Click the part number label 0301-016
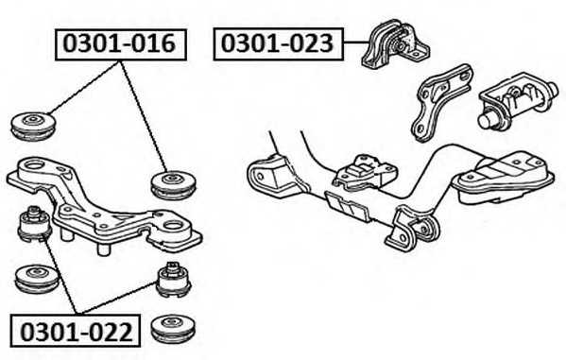(121, 44)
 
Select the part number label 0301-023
(279, 43)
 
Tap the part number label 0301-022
(76, 331)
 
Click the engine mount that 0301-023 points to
(395, 44)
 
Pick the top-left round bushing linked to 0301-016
(33, 126)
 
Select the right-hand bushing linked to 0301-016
(174, 184)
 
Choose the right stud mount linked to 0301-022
(175, 280)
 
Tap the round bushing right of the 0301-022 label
(174, 329)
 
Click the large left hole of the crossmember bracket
(34, 165)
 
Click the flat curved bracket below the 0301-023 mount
(441, 103)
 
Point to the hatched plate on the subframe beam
(347, 206)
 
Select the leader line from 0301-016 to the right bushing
(144, 116)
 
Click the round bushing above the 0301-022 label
(38, 279)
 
